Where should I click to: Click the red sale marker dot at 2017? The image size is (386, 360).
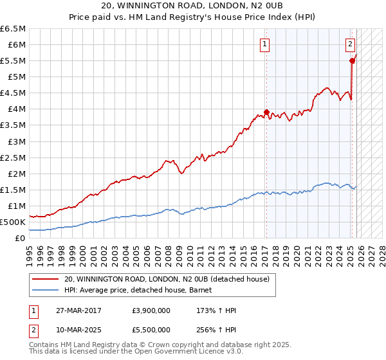(266, 112)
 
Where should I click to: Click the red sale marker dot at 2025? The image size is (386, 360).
(352, 60)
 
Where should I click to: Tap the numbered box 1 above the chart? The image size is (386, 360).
(265, 44)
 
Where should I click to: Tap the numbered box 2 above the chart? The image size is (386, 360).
(350, 44)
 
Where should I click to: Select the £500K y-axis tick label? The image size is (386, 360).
(13, 222)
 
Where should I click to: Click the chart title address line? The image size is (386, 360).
(193, 6)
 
